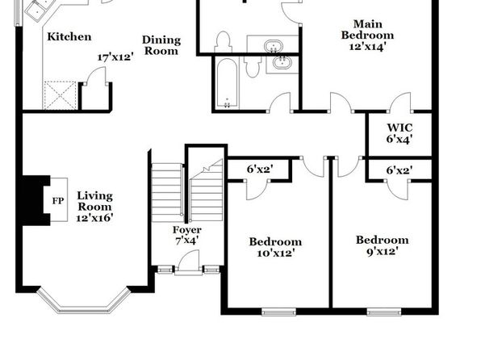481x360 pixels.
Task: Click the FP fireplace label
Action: coord(58,201)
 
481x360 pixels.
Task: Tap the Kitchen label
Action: coord(69,37)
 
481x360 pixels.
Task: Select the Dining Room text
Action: coord(161,45)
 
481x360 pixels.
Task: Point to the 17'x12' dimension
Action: coord(115,57)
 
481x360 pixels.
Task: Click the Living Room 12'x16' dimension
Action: coord(94,218)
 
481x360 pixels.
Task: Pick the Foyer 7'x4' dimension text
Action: coord(186,241)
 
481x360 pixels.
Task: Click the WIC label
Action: coord(399,128)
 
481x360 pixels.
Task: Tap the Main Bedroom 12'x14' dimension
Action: coord(367,46)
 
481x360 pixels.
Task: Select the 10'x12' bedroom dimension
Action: coord(276,253)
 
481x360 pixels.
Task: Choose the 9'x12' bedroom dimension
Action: coord(383,252)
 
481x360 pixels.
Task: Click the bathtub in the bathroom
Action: coord(227,83)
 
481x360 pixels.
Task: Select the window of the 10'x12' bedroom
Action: coord(279,312)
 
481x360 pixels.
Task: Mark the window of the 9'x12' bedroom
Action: coord(384,312)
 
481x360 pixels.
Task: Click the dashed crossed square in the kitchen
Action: coord(60,95)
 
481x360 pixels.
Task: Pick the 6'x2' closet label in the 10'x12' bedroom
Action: coord(260,170)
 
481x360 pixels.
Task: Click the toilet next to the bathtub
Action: coord(253,65)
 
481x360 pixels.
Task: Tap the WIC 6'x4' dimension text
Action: coord(399,139)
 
